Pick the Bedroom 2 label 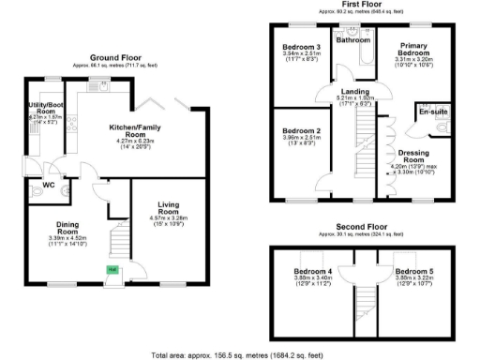coord(302,130)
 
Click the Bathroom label coord(353,40)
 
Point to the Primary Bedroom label coord(413,50)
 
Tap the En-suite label coord(432,112)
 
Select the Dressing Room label coord(413,156)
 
